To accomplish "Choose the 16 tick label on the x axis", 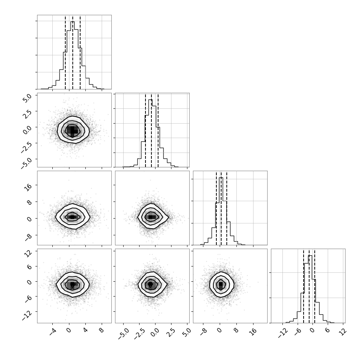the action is pos(254,332).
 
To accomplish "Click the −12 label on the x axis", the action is pos(283,333).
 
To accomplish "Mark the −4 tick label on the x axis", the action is pos(53,332).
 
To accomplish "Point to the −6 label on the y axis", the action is pos(28,299).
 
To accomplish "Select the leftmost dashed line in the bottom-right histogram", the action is pos(304,286).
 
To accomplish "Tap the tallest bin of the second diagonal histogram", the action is pos(150,133).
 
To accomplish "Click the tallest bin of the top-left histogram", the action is pos(72,55).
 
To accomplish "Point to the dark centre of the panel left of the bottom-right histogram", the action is pos(221,284).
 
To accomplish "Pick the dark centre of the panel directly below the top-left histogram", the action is pos(72,130).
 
